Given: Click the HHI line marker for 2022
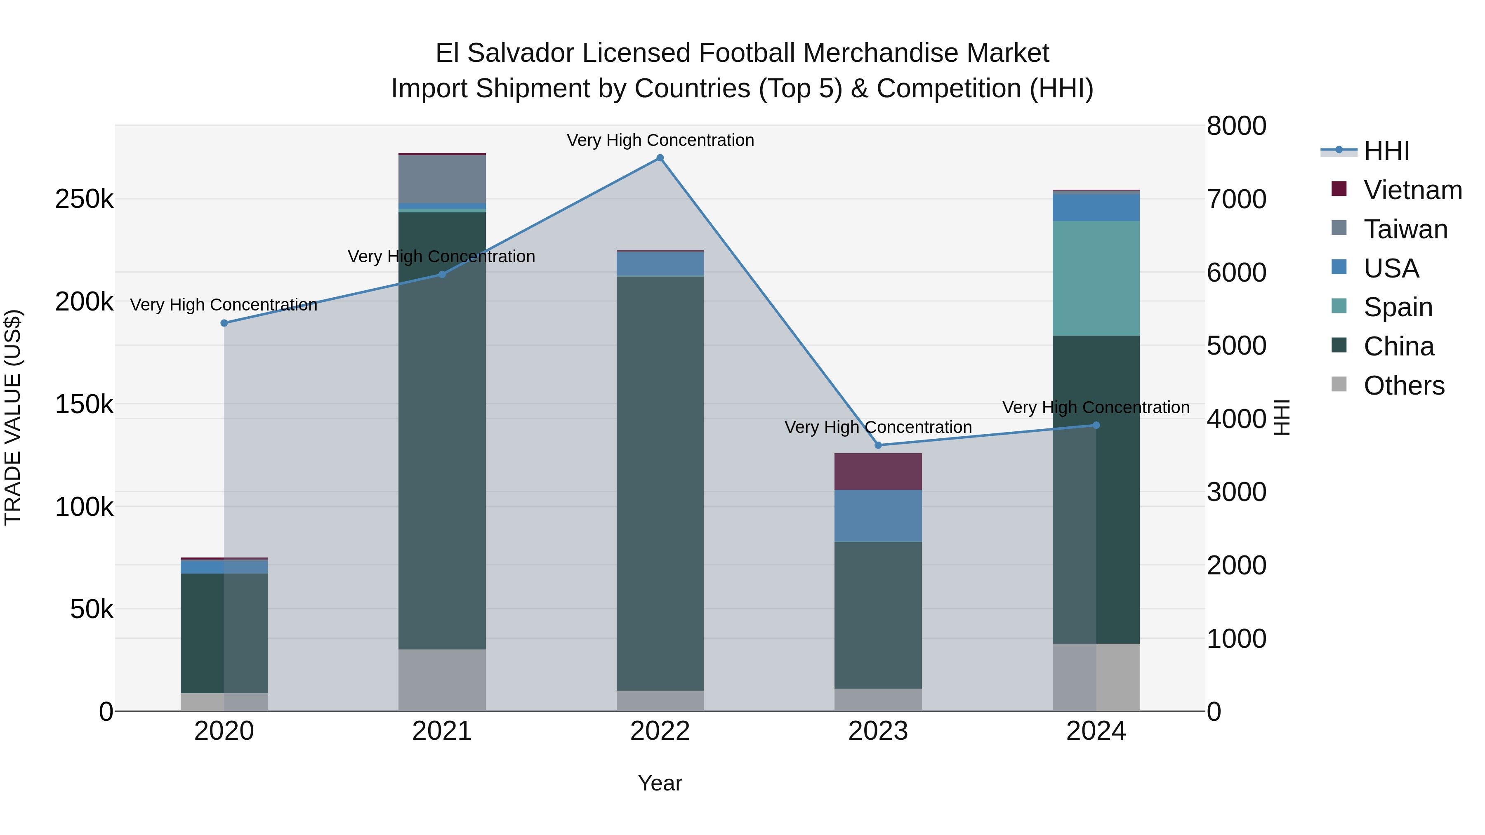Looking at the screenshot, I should pyautogui.click(x=660, y=158).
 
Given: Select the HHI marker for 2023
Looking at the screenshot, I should pyautogui.click(x=878, y=445).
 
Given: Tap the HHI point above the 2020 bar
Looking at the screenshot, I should pyautogui.click(x=224, y=323).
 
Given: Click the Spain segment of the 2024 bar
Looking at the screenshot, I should pyautogui.click(x=1096, y=278).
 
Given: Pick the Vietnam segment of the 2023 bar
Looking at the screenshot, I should pyautogui.click(x=878, y=471).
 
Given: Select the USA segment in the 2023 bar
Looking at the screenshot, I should pyautogui.click(x=878, y=516).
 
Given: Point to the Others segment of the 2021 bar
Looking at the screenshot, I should pyautogui.click(x=442, y=680).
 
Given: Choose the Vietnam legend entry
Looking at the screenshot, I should pyautogui.click(x=1412, y=190).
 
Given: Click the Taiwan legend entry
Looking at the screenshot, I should pyautogui.click(x=1405, y=229).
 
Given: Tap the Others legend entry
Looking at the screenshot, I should pyautogui.click(x=1404, y=386).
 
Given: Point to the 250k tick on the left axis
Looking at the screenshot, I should pyautogui.click(x=84, y=200).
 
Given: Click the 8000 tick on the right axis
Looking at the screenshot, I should pyautogui.click(x=1237, y=126).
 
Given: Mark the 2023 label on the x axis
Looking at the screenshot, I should pyautogui.click(x=878, y=731).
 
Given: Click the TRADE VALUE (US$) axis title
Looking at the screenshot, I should pyautogui.click(x=13, y=417).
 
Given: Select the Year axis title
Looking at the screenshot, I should pyautogui.click(x=660, y=783).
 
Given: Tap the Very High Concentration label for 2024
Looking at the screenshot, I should pyautogui.click(x=1096, y=407).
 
